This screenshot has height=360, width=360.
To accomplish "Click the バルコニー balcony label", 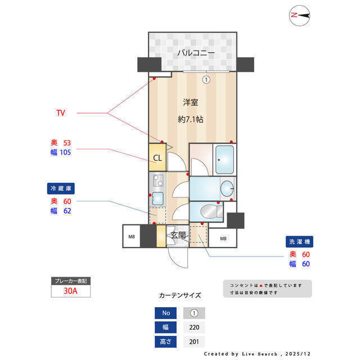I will [196, 53].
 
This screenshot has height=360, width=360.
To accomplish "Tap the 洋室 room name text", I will [191, 102].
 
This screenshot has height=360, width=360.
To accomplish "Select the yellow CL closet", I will [157, 158].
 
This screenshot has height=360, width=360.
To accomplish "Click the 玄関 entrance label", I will [178, 235].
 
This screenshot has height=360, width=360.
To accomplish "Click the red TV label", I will [60, 113].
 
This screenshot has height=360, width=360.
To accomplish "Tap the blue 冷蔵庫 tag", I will [61, 188].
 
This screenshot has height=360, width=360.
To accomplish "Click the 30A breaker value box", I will [70, 291].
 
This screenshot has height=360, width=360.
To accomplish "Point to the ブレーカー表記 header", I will [70, 280].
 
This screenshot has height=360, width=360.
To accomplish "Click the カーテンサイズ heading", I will [179, 295].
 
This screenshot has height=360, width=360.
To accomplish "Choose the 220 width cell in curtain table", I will [194, 327].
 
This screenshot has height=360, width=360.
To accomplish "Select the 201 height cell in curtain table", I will [194, 341].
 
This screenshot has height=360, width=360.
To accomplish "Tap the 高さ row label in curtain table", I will [166, 341].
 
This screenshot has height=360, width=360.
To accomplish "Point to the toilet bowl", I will [209, 211].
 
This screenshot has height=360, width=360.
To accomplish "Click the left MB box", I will [132, 237].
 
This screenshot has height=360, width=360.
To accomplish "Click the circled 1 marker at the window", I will [206, 79].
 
